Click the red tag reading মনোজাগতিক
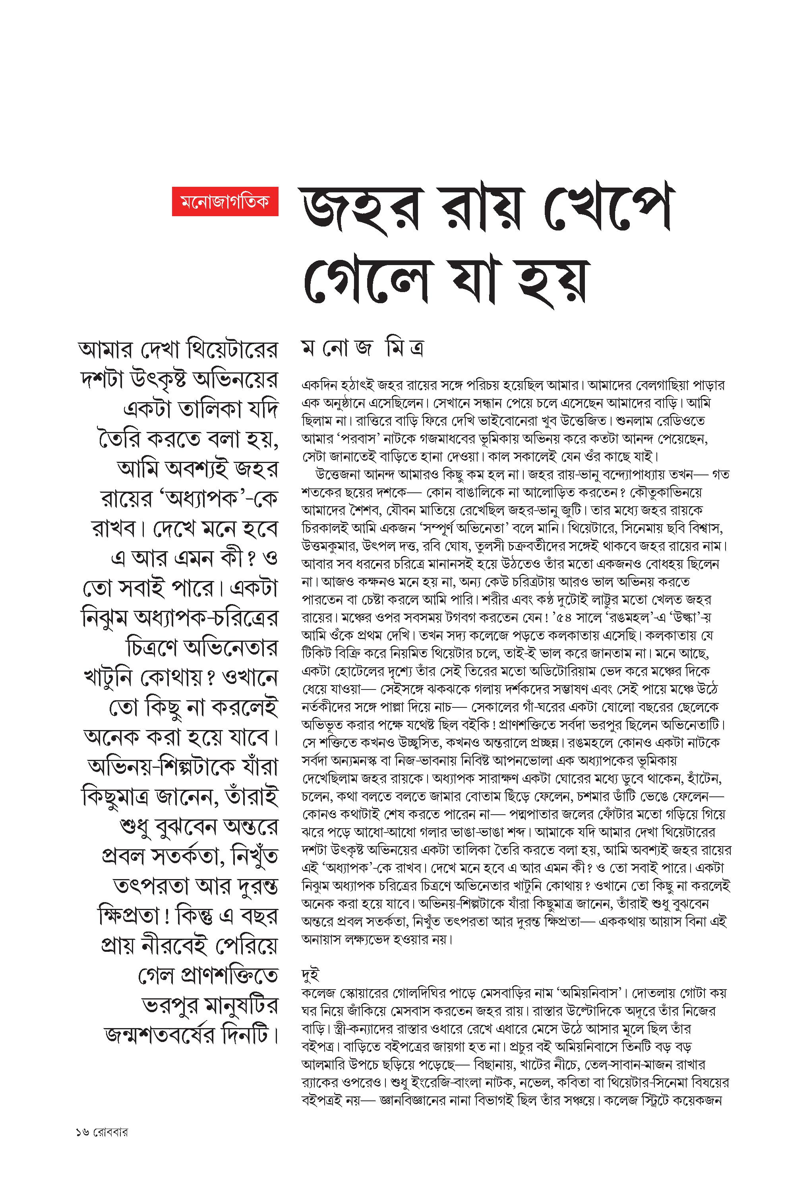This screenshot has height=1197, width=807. pos(225,201)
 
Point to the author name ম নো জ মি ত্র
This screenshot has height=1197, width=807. pos(363,349)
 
